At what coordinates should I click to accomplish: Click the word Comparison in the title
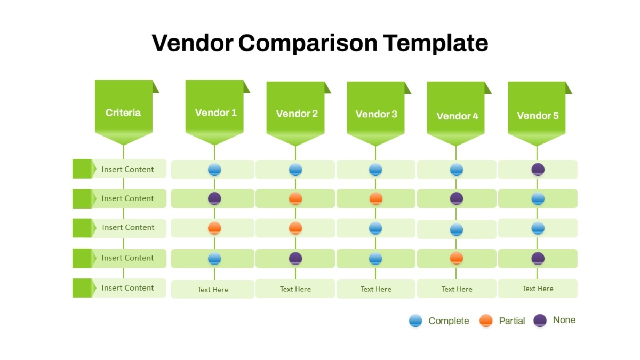pos(307,43)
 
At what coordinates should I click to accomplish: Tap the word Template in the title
pos(435,43)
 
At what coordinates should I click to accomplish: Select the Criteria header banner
pos(124,113)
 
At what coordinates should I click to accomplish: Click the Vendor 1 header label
pos(215,113)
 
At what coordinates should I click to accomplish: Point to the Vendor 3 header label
pos(377,114)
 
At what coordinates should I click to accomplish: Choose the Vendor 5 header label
pos(538,115)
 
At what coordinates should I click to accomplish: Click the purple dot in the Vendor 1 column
pos(214,198)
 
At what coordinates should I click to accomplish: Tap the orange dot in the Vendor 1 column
pos(214,228)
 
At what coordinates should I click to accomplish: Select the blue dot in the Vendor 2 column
pos(295,170)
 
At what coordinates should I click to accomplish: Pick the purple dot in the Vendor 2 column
pos(295,258)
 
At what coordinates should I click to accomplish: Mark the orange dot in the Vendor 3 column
pos(375,198)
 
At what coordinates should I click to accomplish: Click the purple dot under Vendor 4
pos(457,198)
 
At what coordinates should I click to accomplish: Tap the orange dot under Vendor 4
pos(457,258)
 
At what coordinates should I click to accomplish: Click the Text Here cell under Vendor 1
pos(213,289)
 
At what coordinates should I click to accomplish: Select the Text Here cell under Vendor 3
pos(375,289)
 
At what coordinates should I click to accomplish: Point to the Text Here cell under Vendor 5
pos(538,289)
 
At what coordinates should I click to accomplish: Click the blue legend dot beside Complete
pos(415,321)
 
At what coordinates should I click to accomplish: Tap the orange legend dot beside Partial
pos(486,321)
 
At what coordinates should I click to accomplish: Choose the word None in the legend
pos(564,319)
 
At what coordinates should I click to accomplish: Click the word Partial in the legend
pos(512,321)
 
